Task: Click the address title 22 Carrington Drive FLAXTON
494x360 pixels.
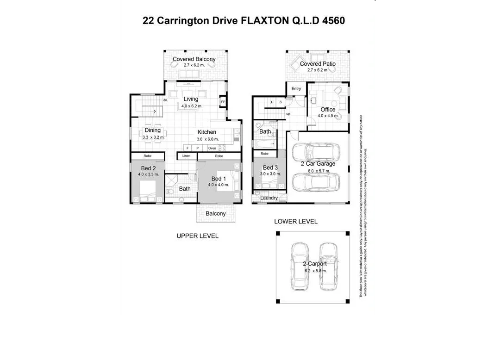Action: [x=244, y=21]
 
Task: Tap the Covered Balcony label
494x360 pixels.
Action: [x=194, y=59]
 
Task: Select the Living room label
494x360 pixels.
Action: [x=191, y=99]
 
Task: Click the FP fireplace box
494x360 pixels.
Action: [x=223, y=102]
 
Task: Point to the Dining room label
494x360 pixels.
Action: [x=152, y=130]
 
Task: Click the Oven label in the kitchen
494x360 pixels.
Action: [x=212, y=148]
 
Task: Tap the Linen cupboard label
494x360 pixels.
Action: [x=186, y=156]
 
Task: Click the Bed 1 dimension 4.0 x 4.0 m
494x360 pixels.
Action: [x=219, y=185]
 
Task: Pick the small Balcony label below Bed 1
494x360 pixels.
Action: [x=216, y=214]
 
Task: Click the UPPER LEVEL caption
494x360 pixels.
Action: [x=197, y=236]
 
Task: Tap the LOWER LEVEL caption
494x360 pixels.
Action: [x=296, y=222]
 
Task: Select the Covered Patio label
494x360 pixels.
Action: [x=318, y=64]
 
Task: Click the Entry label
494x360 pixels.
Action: [x=296, y=89]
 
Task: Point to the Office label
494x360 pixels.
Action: [x=328, y=110]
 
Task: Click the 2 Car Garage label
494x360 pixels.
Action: [x=318, y=164]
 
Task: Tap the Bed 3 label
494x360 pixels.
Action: [x=270, y=168]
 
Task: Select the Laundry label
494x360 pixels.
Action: [x=269, y=198]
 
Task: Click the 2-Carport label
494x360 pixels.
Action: [x=315, y=264]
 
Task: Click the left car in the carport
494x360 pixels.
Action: [x=300, y=267]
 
